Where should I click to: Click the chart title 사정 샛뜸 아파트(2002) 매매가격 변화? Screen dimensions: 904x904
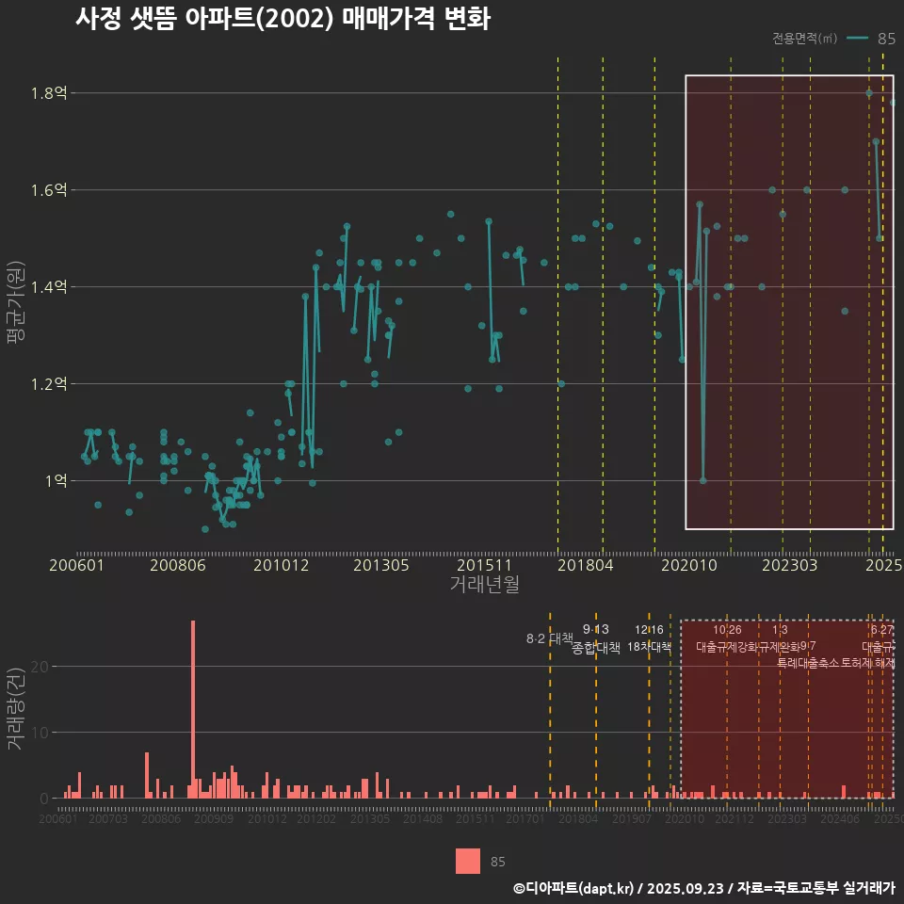click(282, 19)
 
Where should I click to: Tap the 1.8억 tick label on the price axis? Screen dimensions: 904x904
click(50, 93)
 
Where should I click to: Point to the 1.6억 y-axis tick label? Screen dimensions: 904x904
click(50, 190)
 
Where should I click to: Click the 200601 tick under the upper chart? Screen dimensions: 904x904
click(76, 566)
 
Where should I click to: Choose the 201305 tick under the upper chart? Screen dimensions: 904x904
click(380, 566)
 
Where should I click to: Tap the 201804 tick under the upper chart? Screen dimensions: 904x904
click(585, 566)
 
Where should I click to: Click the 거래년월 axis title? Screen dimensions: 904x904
click(484, 585)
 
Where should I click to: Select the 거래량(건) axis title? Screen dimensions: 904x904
click(16, 708)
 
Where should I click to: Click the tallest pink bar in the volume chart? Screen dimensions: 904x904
click(193, 706)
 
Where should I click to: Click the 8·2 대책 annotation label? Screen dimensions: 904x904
click(549, 638)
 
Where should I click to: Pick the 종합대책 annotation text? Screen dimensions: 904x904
click(596, 648)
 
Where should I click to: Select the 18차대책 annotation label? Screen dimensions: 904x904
click(649, 647)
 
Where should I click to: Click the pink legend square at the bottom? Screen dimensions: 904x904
click(467, 861)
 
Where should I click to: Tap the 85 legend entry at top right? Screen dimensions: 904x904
click(885, 39)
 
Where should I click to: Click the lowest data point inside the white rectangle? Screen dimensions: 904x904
click(702, 480)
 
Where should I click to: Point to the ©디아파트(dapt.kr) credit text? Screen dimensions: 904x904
click(573, 888)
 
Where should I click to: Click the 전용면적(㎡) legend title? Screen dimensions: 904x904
click(804, 39)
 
